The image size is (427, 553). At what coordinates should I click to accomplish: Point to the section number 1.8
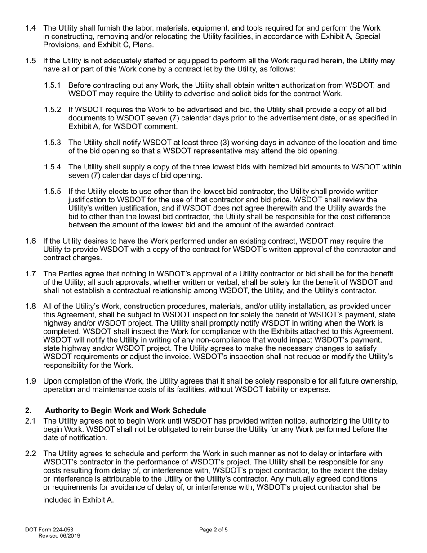point(31,306)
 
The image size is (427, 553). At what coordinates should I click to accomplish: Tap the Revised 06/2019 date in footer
point(59,536)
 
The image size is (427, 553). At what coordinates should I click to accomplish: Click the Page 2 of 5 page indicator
point(213,530)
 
